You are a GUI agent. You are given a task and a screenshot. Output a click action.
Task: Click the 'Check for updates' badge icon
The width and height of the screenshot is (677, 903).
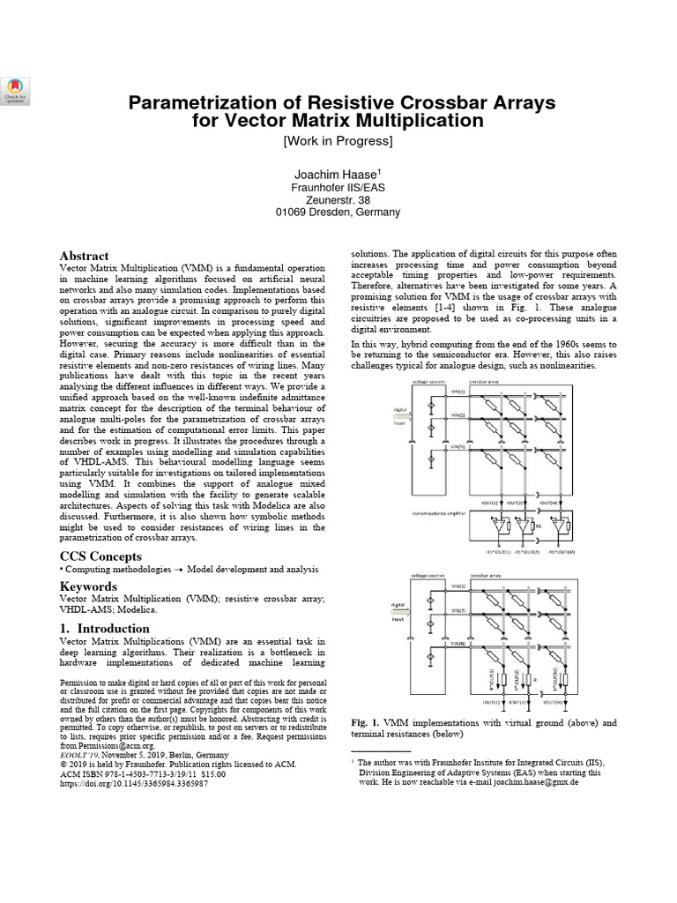pos(15,88)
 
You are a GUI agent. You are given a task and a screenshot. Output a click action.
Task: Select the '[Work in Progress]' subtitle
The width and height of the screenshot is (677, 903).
pos(338,140)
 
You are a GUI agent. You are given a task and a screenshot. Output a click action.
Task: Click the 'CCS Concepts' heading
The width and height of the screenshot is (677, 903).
pos(100,556)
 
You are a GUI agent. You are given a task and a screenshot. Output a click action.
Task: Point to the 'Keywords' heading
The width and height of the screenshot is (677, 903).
pos(88,586)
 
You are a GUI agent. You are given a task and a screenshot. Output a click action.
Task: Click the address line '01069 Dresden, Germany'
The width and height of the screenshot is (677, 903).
pos(338,213)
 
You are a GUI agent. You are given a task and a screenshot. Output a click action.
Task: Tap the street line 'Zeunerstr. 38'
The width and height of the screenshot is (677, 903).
pos(338,200)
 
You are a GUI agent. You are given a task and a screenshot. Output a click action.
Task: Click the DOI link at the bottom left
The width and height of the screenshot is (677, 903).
pos(134,783)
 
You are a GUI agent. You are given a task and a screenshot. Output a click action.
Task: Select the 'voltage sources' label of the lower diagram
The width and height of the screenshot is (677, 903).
pos(429,576)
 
